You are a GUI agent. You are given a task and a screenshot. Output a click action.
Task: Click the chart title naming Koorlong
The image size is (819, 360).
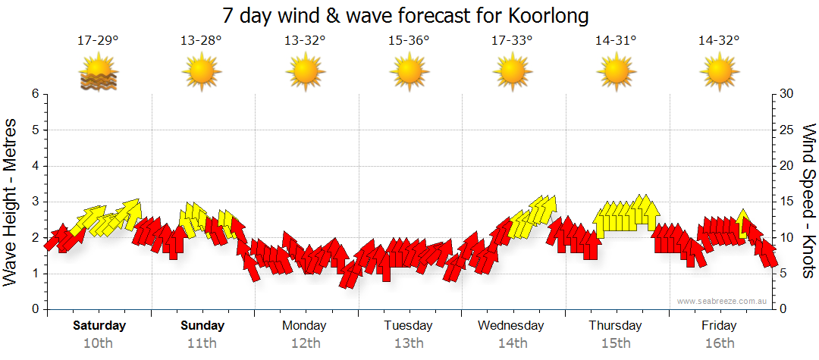pos(406,15)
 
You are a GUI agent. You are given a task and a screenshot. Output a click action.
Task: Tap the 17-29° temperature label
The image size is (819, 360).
pos(99,40)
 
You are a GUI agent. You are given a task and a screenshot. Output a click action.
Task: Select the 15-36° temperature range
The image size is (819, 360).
pos(409,40)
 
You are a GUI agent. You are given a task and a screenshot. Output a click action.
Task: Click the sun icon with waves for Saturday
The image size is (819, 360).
pos(99,73)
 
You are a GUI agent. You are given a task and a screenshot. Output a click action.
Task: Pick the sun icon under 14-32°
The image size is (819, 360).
pos(719,73)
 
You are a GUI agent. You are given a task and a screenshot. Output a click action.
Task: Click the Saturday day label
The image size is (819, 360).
pos(99,326)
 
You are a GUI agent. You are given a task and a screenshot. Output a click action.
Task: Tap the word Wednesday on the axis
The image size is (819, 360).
pos(511,326)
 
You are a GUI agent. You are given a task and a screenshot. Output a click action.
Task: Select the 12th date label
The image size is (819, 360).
pos(305,343)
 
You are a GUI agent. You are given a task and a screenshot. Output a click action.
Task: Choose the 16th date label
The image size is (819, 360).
pos(719,343)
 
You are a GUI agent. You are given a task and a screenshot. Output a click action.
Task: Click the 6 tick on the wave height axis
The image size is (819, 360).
pos(35,94)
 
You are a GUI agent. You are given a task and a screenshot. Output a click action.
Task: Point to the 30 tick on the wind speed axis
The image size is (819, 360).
pos(787,94)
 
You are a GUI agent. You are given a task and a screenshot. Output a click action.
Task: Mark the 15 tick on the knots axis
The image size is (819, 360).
pos(787,202)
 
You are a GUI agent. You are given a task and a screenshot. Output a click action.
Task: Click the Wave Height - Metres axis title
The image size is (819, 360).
pos(11,202)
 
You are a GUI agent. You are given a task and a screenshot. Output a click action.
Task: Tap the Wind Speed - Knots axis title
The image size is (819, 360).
pos(808,202)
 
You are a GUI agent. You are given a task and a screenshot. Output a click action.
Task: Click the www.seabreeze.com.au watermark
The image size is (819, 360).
pos(723,301)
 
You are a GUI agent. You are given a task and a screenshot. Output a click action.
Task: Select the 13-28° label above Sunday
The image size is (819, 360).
pos(202,40)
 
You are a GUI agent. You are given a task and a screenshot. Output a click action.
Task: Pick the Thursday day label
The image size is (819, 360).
pos(615,326)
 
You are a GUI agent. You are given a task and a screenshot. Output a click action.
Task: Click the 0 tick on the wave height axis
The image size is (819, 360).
pos(35,309)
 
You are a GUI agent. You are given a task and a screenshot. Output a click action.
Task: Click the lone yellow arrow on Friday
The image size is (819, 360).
pos(743,221)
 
